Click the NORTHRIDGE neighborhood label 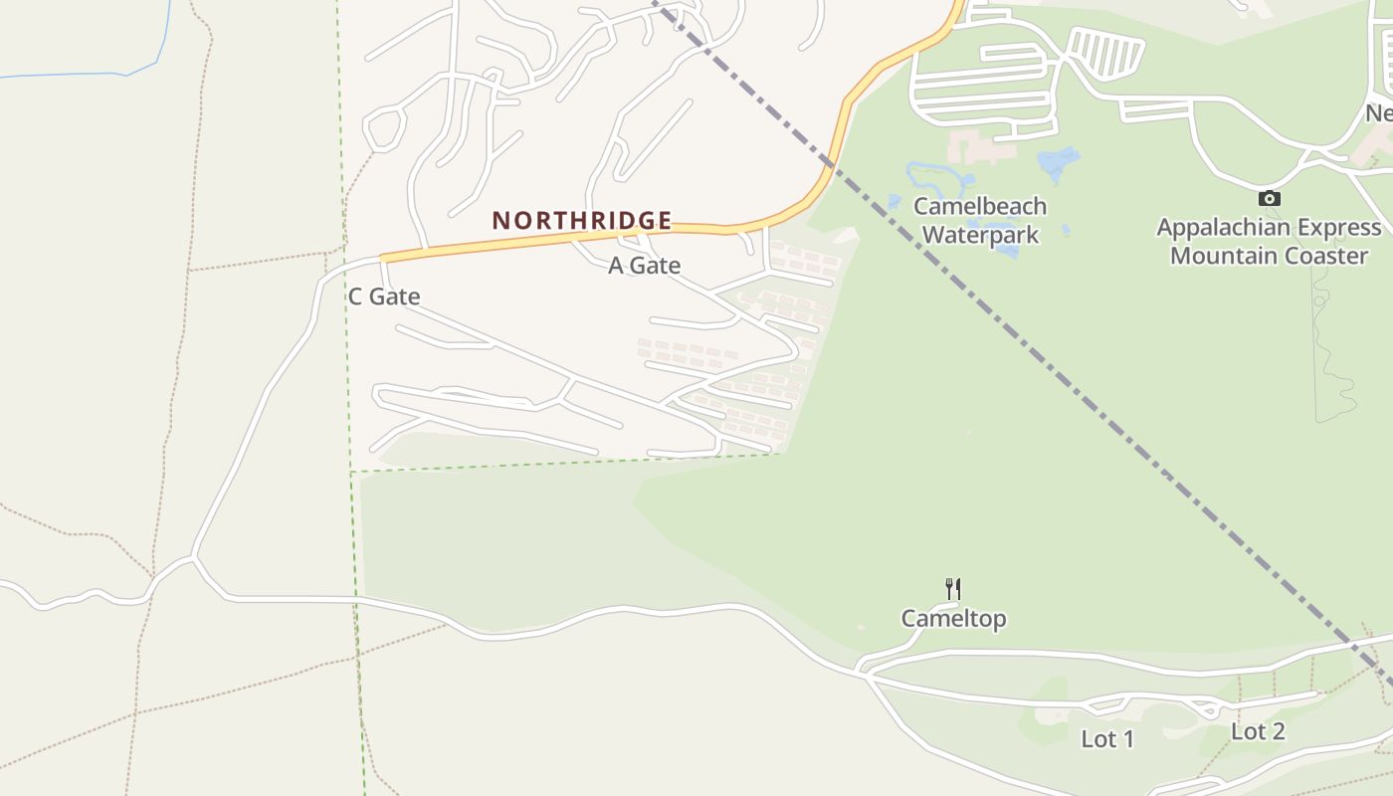[582, 220]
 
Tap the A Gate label [645, 266]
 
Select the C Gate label [384, 297]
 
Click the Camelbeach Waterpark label [980, 221]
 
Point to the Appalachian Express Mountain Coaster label [1269, 242]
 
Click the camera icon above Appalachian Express [1269, 198]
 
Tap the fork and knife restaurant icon [953, 588]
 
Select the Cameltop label [953, 619]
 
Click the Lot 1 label [1107, 739]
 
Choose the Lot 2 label [1258, 732]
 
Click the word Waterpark [980, 236]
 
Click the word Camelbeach [980, 207]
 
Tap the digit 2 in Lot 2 [1277, 732]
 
